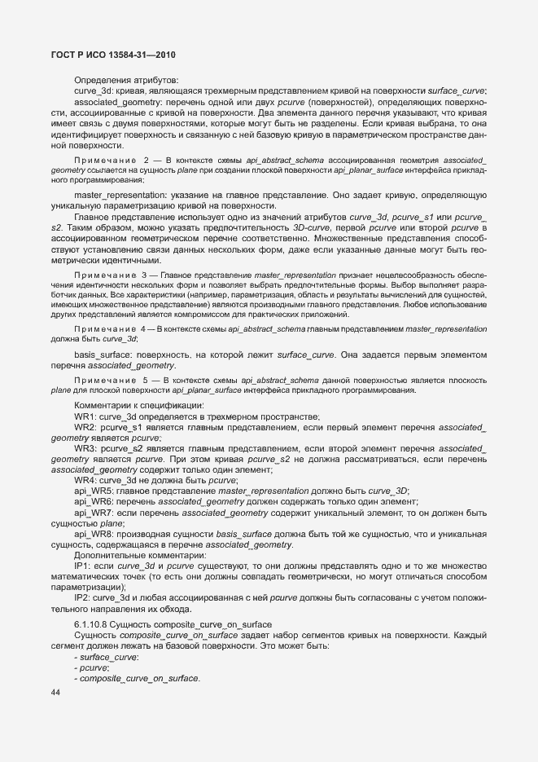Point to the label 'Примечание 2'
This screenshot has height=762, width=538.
[x=111, y=161]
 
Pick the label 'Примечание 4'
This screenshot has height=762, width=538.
[x=111, y=328]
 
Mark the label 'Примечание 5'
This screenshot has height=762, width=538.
[x=111, y=380]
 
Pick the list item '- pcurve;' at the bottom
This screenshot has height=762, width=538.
[x=92, y=667]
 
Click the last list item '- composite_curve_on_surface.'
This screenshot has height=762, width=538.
[x=137, y=678]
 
